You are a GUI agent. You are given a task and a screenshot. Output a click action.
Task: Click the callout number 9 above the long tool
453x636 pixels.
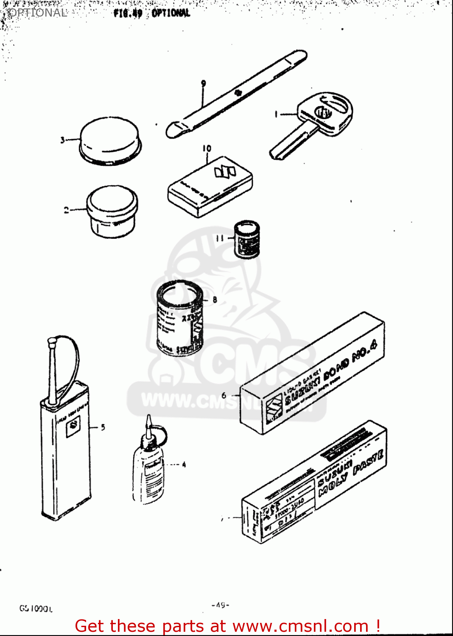[x=204, y=84]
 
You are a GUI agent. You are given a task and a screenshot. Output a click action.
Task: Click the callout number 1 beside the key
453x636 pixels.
[x=276, y=114]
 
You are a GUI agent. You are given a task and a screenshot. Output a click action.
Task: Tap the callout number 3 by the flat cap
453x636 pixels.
[x=62, y=139]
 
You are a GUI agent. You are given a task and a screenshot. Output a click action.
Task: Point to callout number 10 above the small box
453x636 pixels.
[x=207, y=148]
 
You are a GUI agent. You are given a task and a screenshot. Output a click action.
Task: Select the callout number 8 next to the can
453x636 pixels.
[x=215, y=300]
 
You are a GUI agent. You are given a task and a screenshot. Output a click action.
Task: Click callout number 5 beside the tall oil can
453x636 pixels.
[x=103, y=427]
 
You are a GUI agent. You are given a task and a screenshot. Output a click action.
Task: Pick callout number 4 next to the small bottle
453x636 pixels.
[x=184, y=465]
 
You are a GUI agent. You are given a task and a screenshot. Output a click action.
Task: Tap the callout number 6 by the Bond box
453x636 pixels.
[x=224, y=396]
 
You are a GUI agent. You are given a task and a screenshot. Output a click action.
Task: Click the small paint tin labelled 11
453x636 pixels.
[x=247, y=239]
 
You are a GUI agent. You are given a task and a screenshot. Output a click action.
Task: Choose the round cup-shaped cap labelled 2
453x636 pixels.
[x=112, y=211]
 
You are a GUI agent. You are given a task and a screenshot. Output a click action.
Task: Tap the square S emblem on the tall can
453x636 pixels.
[x=73, y=425]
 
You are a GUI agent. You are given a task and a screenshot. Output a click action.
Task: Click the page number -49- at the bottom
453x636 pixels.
[x=220, y=605]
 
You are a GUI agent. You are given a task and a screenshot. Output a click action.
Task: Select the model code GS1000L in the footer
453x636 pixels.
[x=36, y=609]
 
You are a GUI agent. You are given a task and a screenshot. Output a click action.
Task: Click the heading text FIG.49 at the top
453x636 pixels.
[x=128, y=13]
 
